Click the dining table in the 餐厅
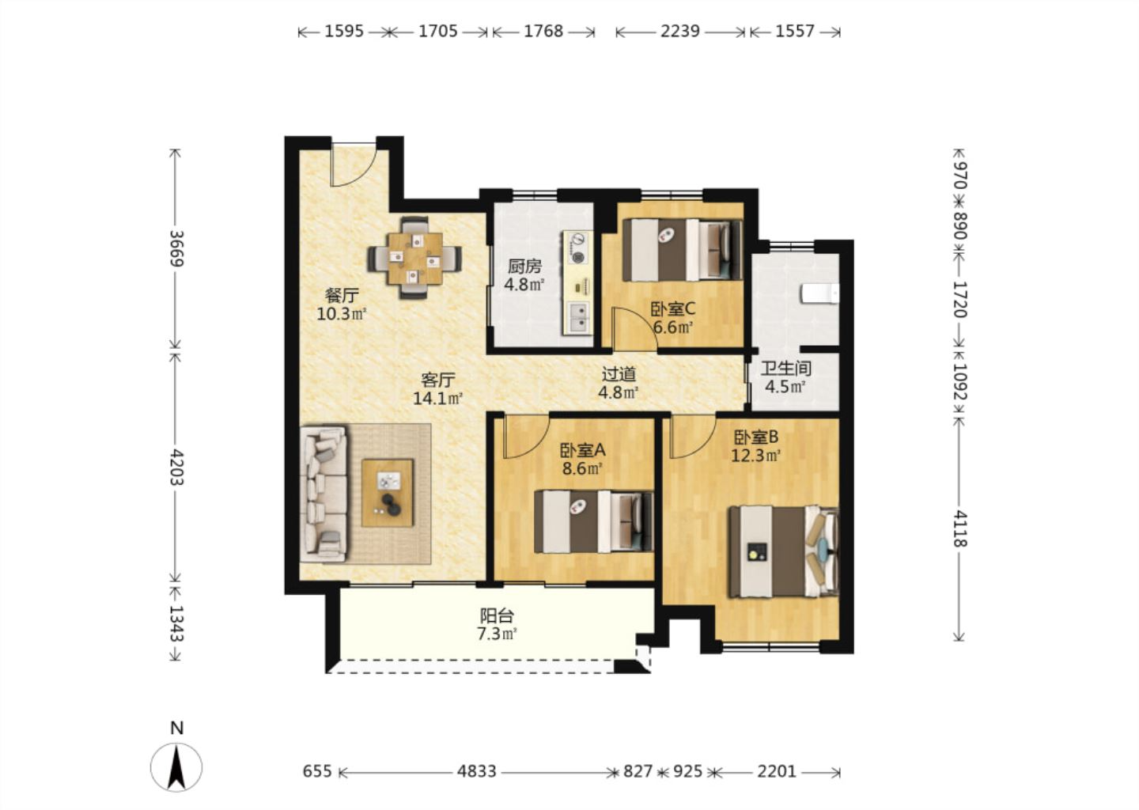(414, 258)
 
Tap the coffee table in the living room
(387, 492)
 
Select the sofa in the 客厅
(324, 494)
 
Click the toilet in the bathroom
(819, 294)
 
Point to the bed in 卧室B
(784, 551)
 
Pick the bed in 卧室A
(593, 521)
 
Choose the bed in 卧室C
(682, 250)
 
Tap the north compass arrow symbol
(176, 767)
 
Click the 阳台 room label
(497, 615)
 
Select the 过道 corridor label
(619, 375)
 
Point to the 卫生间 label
(785, 369)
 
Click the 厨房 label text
(524, 266)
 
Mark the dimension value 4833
(476, 771)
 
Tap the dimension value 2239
(680, 32)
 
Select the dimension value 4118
(959, 528)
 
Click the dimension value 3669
(176, 248)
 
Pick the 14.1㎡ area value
(438, 399)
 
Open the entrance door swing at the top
(354, 165)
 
